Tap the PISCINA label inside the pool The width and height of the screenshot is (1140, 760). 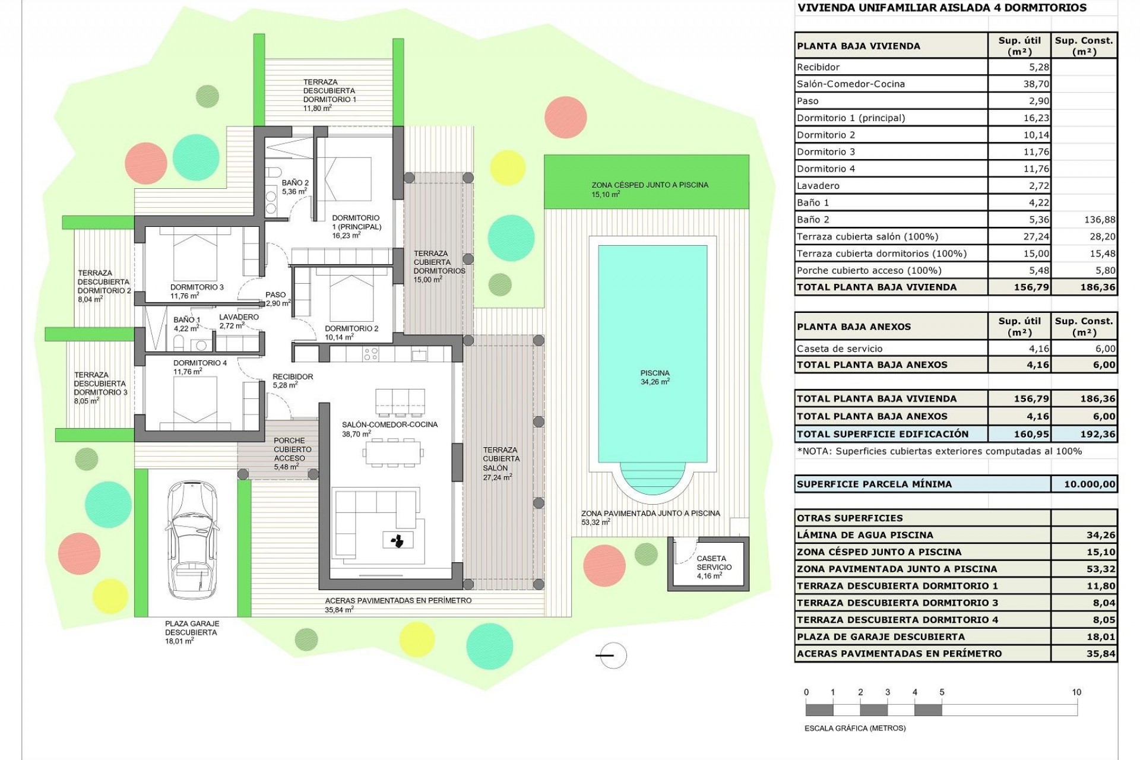tap(655, 373)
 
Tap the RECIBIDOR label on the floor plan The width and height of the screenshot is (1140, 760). tap(292, 376)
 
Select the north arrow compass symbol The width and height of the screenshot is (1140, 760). tap(611, 655)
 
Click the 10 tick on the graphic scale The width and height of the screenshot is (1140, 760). tap(1076, 692)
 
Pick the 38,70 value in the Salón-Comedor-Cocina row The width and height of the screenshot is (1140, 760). tap(1036, 84)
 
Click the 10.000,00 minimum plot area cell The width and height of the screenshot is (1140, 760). tap(1090, 484)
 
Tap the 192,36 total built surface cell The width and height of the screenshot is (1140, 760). tap(1098, 434)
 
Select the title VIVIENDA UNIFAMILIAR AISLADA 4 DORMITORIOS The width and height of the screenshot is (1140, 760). tap(942, 8)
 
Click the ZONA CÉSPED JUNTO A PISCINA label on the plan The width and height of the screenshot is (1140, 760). tap(650, 185)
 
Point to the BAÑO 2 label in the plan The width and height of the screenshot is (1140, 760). tap(295, 183)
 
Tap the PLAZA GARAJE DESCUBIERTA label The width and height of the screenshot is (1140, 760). tap(192, 628)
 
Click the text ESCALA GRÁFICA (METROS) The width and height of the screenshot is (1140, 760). tap(855, 728)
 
